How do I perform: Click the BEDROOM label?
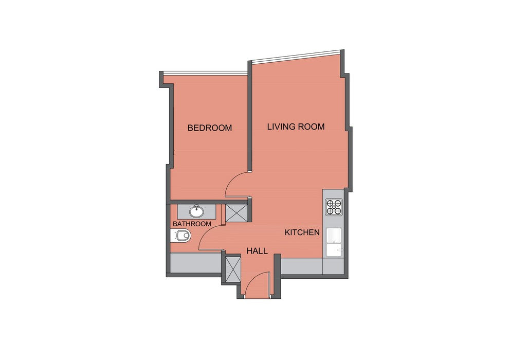coord(210,128)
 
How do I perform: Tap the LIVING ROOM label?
coord(296,127)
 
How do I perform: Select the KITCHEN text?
coord(302,232)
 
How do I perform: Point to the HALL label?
coord(257,251)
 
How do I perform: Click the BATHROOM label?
coord(192,224)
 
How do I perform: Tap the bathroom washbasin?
coord(196,211)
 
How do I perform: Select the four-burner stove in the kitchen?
coord(334,207)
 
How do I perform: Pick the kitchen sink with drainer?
coord(334,243)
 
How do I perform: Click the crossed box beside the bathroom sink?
coord(237,213)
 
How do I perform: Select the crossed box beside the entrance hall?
coord(232,269)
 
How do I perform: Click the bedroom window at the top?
coord(206,73)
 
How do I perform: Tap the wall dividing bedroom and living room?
coord(250,116)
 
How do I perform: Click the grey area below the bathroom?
coord(195,263)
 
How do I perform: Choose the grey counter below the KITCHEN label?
coord(312,266)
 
